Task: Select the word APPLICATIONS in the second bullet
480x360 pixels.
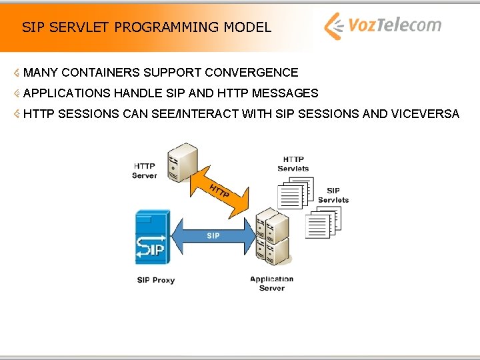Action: [x=67, y=93]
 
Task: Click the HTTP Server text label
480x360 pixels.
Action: [x=144, y=171]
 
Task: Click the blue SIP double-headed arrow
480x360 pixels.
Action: [x=213, y=235]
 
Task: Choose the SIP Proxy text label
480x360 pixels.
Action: [x=155, y=280]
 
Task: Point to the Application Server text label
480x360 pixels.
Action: [x=271, y=283]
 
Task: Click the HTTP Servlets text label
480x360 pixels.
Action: [x=293, y=164]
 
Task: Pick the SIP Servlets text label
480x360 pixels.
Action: [x=333, y=195]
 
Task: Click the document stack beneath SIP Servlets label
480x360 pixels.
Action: [x=323, y=223]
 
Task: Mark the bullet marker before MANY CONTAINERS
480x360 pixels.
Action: [x=17, y=72]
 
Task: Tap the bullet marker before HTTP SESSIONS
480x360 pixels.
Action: [x=17, y=114]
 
